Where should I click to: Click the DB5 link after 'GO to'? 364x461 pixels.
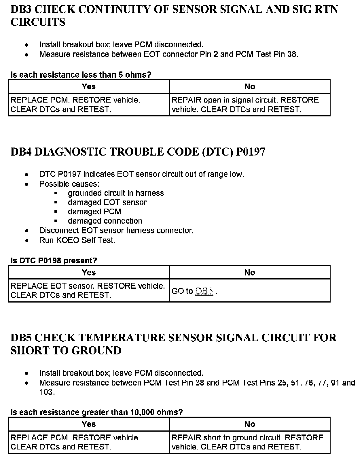[204, 291]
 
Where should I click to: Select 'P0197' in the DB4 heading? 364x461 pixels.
[250, 152]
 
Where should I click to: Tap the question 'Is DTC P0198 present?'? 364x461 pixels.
[54, 260]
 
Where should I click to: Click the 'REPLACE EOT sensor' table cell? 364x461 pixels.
[88, 290]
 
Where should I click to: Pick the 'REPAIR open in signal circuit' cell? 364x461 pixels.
[245, 105]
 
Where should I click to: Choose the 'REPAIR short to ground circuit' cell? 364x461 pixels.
[247, 442]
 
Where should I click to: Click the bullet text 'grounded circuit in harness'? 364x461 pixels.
[116, 193]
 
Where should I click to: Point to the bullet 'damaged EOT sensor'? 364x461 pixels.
[107, 202]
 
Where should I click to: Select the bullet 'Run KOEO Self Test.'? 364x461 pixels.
[77, 240]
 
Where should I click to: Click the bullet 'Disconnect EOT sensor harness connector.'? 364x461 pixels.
[116, 231]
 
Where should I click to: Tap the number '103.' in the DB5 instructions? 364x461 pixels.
[47, 392]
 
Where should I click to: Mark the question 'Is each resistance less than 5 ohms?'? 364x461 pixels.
[81, 75]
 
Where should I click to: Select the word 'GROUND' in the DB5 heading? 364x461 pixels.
[96, 350]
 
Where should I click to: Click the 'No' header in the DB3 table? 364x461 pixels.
[249, 87]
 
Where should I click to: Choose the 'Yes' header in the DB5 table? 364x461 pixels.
[89, 424]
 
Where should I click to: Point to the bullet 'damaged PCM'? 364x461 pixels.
[94, 211]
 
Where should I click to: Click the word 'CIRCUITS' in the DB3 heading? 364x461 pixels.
[38, 22]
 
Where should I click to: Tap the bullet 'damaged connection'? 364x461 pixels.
[105, 221]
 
